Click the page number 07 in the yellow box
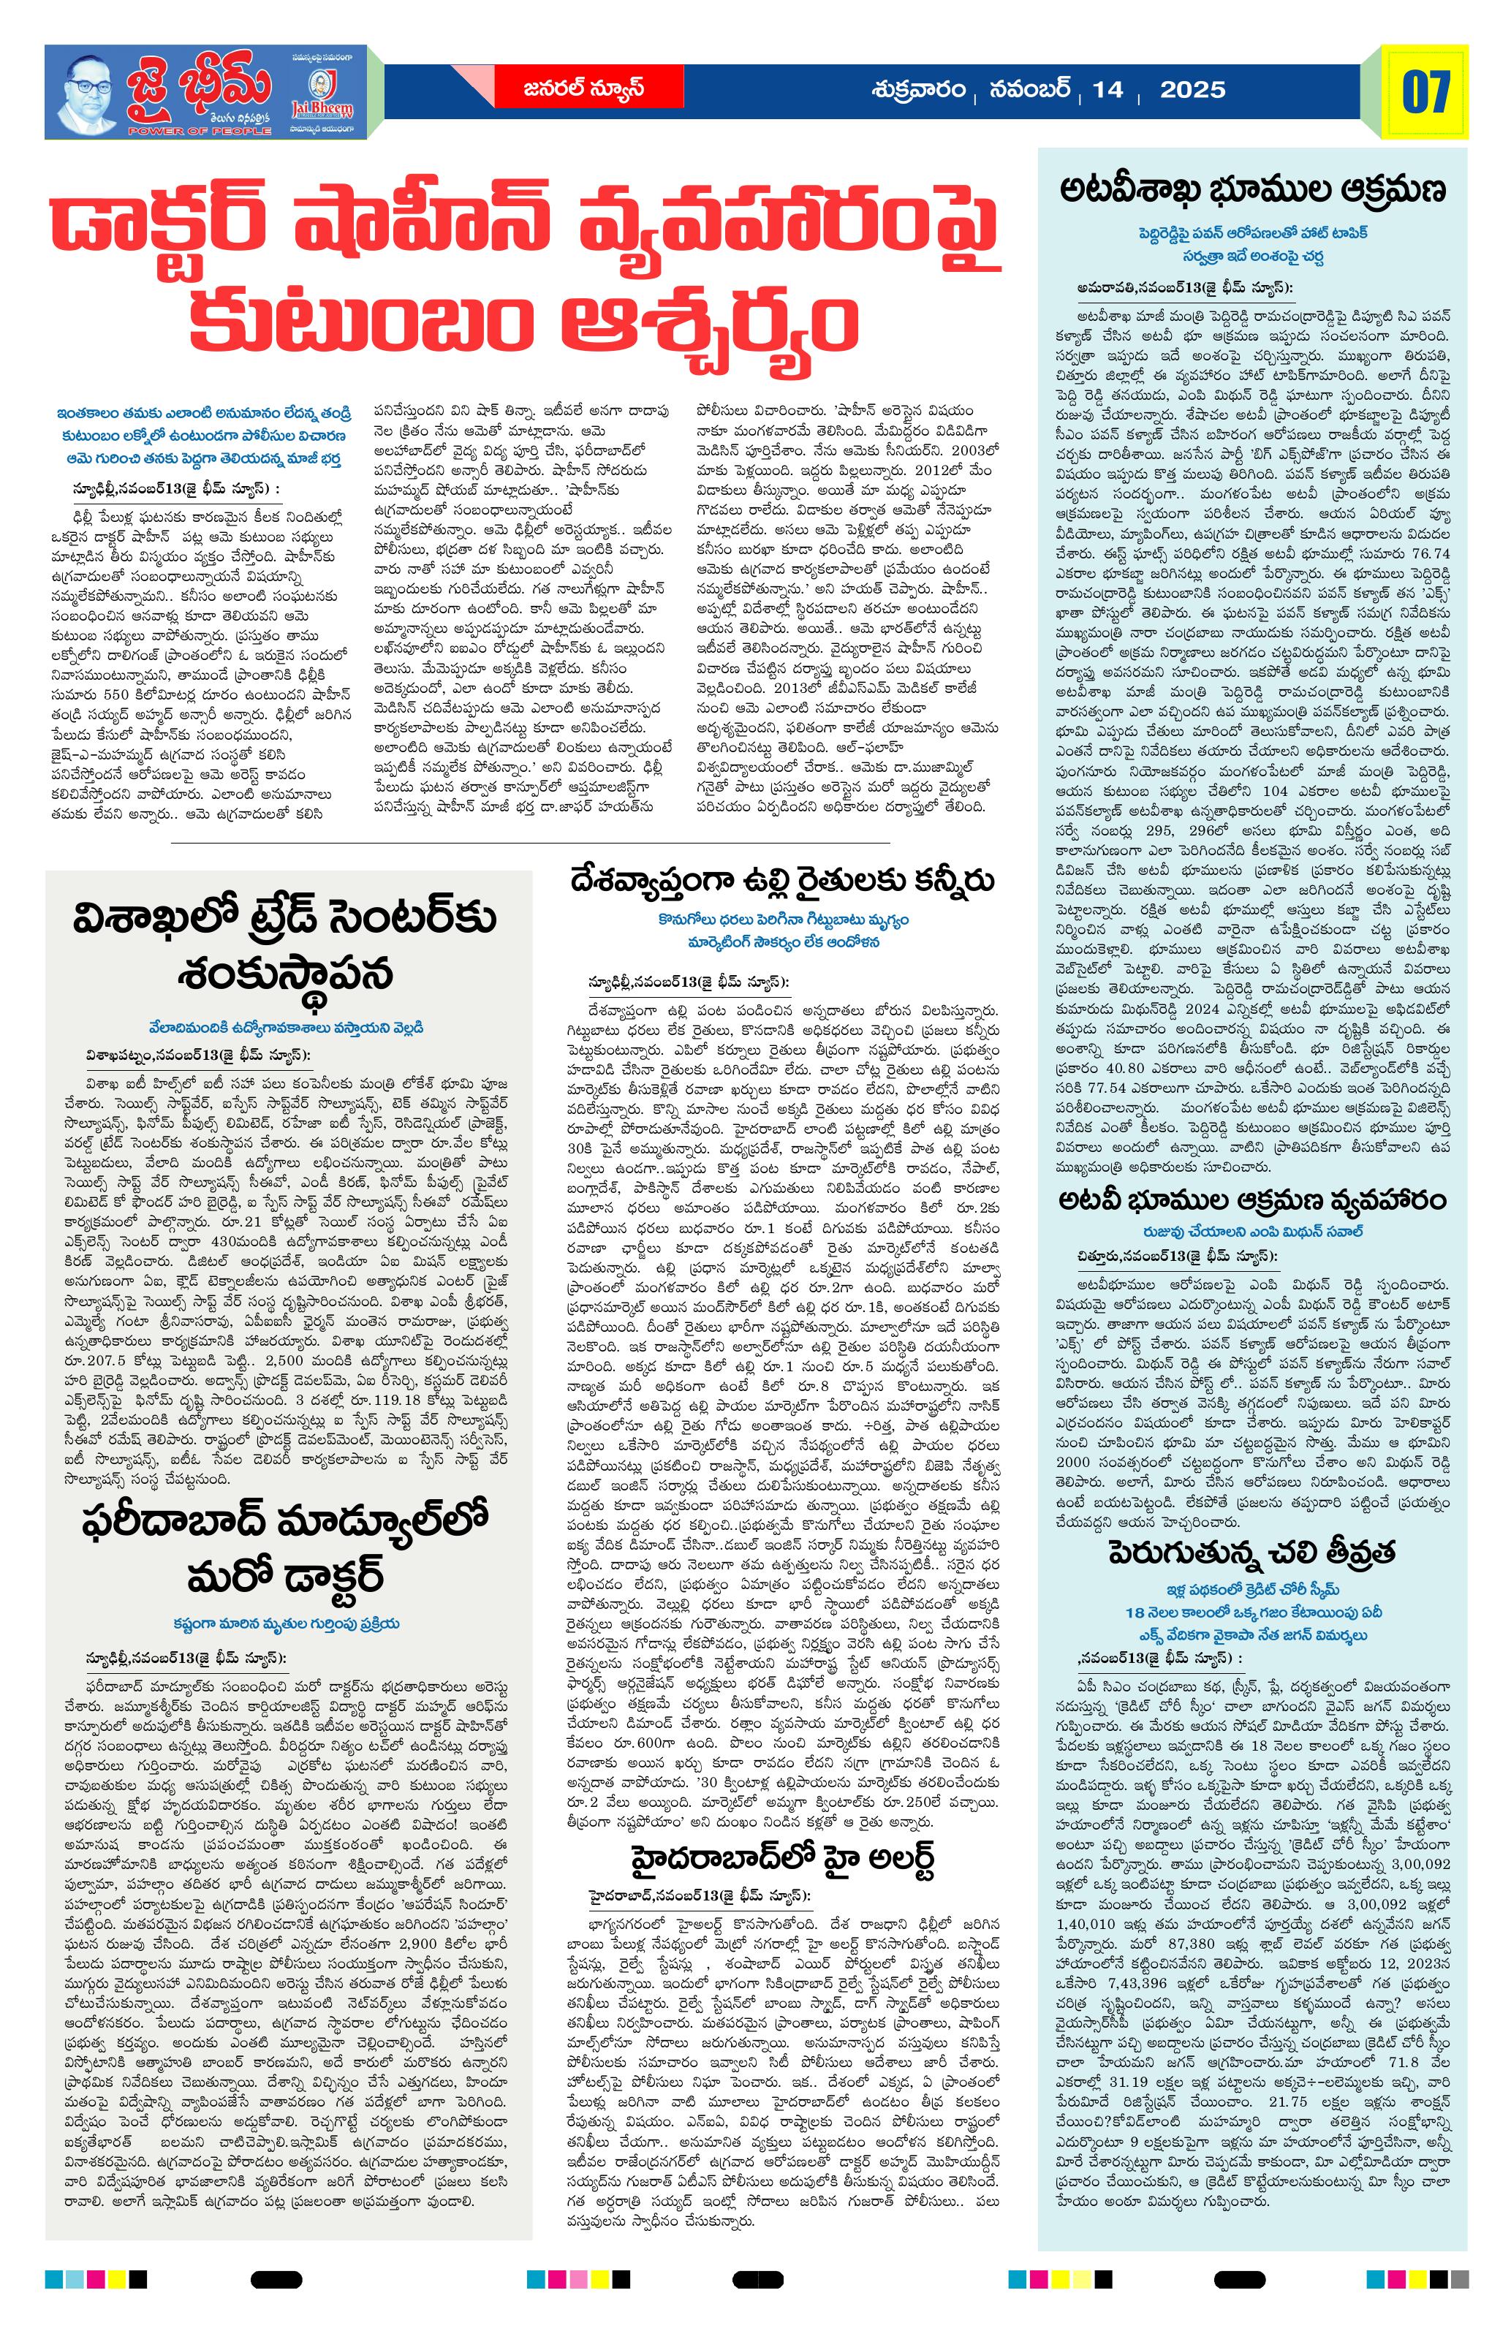[1425, 93]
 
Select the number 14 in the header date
[1107, 90]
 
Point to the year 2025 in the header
[1192, 90]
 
